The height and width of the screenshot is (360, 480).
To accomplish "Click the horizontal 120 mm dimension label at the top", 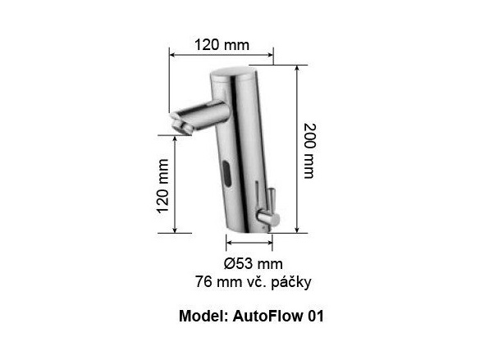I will click(x=222, y=44).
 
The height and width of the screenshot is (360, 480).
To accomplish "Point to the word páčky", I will click(x=290, y=281).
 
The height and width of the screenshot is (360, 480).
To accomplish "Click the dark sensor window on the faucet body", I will click(x=225, y=172).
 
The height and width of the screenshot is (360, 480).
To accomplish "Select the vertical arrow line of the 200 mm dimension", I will click(x=294, y=149).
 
